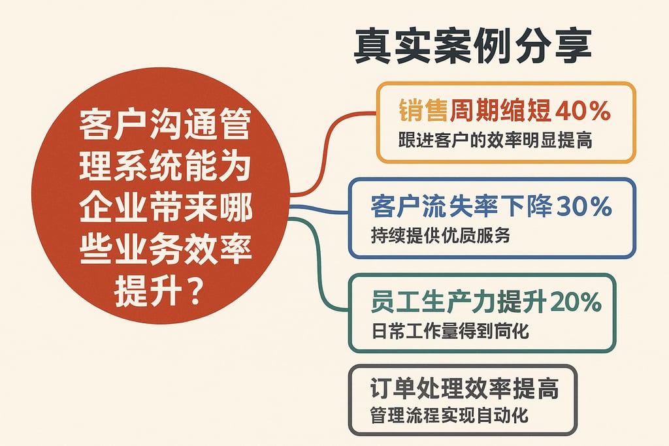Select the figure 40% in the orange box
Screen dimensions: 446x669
click(x=582, y=111)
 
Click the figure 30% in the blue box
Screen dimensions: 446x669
click(x=583, y=207)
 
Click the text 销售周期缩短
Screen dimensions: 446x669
click(x=474, y=111)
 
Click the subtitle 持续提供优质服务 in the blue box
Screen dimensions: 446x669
click(x=440, y=236)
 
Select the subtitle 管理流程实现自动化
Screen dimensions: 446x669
click(x=449, y=415)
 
